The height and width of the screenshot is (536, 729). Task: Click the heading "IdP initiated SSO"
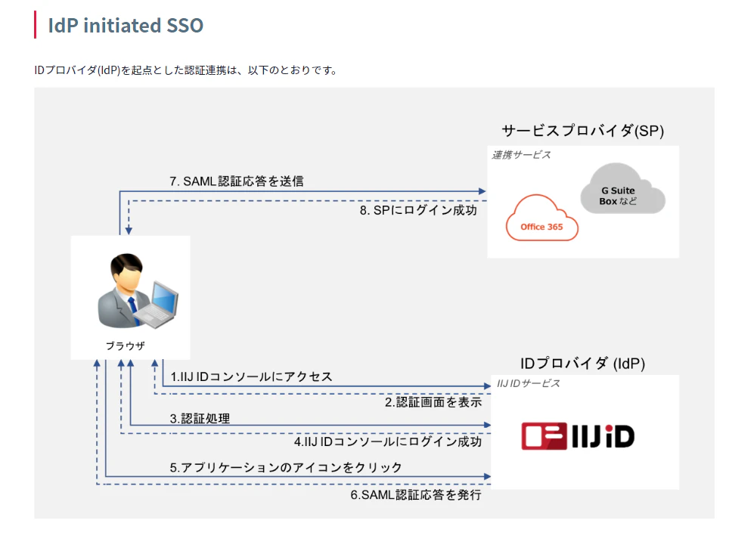[x=126, y=25]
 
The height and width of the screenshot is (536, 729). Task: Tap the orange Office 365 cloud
[x=541, y=218]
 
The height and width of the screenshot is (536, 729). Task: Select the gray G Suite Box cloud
[x=622, y=189]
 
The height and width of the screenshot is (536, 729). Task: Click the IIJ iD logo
[x=578, y=436]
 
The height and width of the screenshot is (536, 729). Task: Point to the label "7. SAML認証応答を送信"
[x=236, y=181]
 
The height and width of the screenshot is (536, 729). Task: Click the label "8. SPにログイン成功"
[x=418, y=210]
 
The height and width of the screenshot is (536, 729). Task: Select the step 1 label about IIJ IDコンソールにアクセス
[x=251, y=376]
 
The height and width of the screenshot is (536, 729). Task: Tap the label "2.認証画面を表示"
[x=433, y=402]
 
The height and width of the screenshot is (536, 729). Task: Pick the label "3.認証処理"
[x=200, y=418]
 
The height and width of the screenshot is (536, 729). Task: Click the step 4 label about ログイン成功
[x=388, y=442]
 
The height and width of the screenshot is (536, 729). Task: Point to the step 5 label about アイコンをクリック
[x=285, y=467]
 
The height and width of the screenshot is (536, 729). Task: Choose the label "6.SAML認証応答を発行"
[x=416, y=494]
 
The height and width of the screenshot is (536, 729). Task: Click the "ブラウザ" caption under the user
[x=125, y=345]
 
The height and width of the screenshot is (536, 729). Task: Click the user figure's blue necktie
[x=133, y=309]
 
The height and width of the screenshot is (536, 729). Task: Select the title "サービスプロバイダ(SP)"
[x=582, y=131]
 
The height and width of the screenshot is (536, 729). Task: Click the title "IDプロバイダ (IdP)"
[x=582, y=364]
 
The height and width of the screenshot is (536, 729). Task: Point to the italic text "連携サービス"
[x=521, y=155]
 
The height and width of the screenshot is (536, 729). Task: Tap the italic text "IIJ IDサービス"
[x=528, y=383]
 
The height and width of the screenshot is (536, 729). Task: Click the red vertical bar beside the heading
[x=36, y=25]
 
